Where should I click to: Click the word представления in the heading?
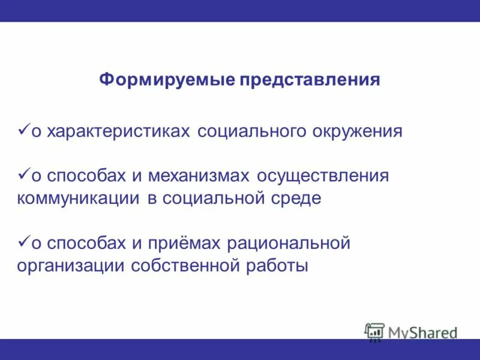point(310,80)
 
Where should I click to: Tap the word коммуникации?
point(79,199)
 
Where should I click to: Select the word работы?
point(277,266)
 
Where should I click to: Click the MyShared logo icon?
point(374,332)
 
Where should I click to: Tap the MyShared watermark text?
point(422,332)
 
